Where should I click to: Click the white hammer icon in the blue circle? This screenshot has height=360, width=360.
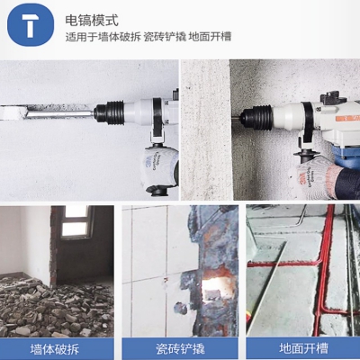click(31, 25)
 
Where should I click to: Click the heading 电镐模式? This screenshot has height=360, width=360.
click(92, 21)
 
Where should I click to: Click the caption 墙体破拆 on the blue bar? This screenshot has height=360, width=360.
click(55, 349)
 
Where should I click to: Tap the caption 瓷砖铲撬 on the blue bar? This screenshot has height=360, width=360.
click(180, 349)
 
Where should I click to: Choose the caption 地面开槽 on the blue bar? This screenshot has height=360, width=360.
click(303, 348)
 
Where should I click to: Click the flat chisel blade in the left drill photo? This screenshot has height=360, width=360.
click(47, 112)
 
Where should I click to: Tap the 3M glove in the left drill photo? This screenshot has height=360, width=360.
click(158, 169)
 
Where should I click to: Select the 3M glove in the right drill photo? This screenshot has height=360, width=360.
click(315, 178)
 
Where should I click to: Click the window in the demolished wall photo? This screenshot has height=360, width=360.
click(76, 222)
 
